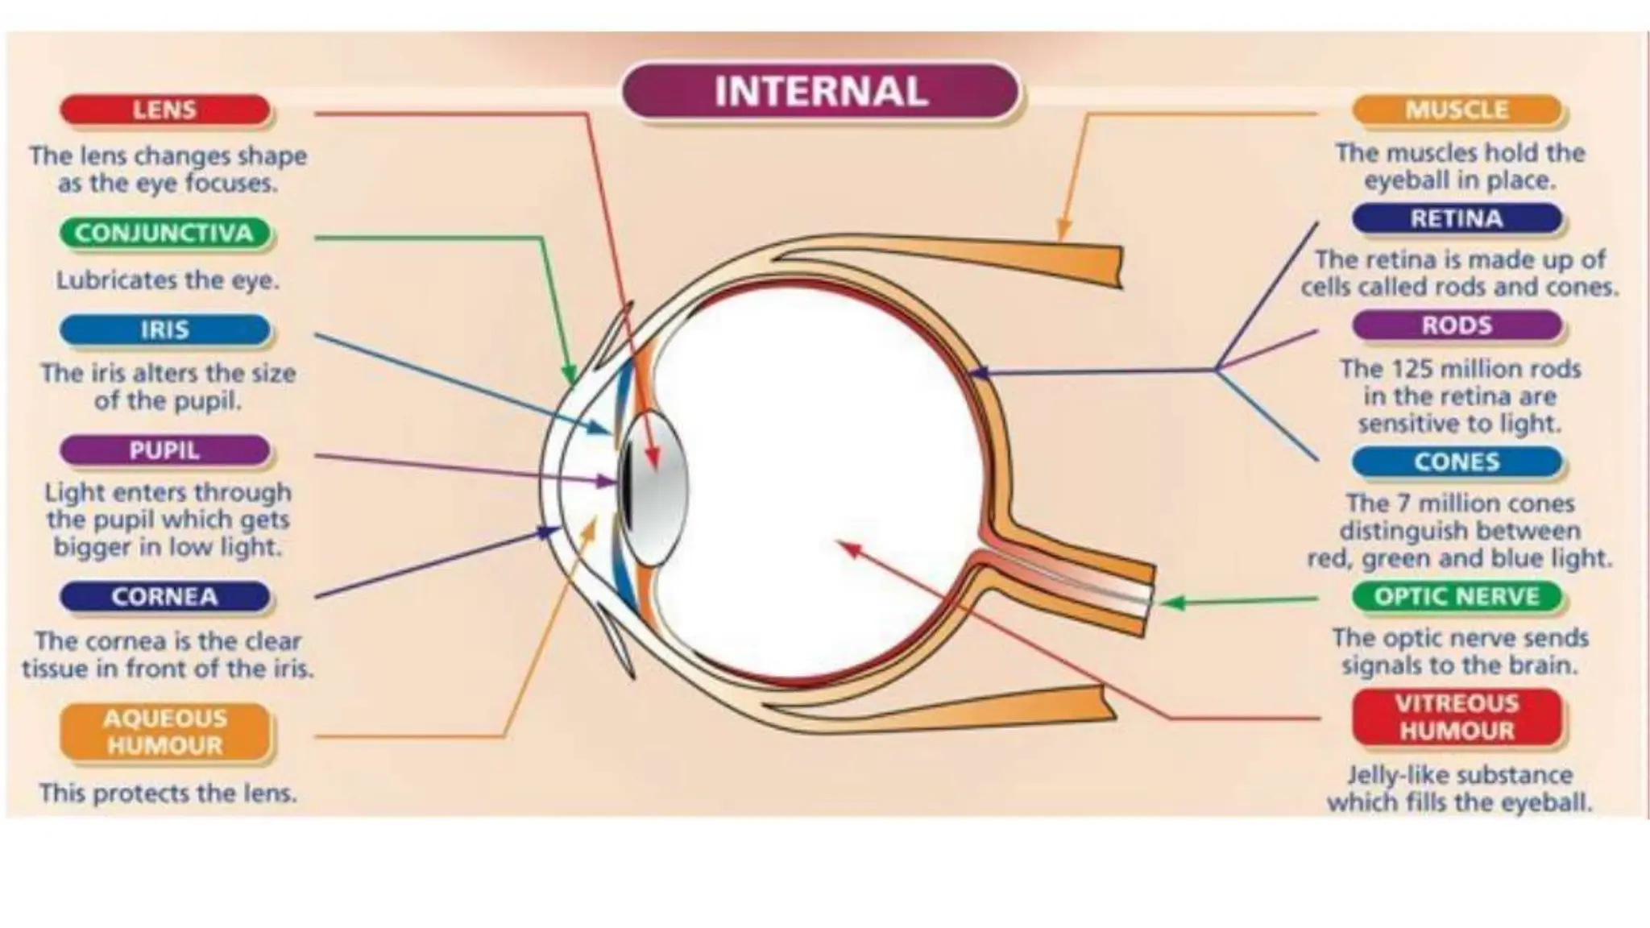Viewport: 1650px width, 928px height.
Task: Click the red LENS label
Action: tap(165, 110)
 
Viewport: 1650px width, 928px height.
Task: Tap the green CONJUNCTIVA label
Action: tap(165, 234)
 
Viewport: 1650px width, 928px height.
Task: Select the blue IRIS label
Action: tap(165, 330)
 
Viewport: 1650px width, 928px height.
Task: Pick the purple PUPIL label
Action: tap(165, 451)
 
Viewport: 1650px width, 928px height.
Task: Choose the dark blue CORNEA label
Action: tap(165, 597)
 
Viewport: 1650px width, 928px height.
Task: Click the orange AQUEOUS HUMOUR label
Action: tap(165, 731)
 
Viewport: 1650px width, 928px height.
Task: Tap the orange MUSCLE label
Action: tap(1457, 110)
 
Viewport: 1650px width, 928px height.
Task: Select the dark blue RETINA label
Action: tap(1457, 219)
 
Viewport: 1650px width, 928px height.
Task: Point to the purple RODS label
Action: tap(1457, 325)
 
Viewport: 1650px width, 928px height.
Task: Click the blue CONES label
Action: tap(1457, 462)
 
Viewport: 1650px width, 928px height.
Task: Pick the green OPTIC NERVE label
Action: tap(1457, 597)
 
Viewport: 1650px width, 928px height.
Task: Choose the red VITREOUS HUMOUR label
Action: tap(1457, 717)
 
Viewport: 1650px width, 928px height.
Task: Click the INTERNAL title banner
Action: tap(821, 91)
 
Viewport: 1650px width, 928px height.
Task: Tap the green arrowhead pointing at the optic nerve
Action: tap(1172, 603)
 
